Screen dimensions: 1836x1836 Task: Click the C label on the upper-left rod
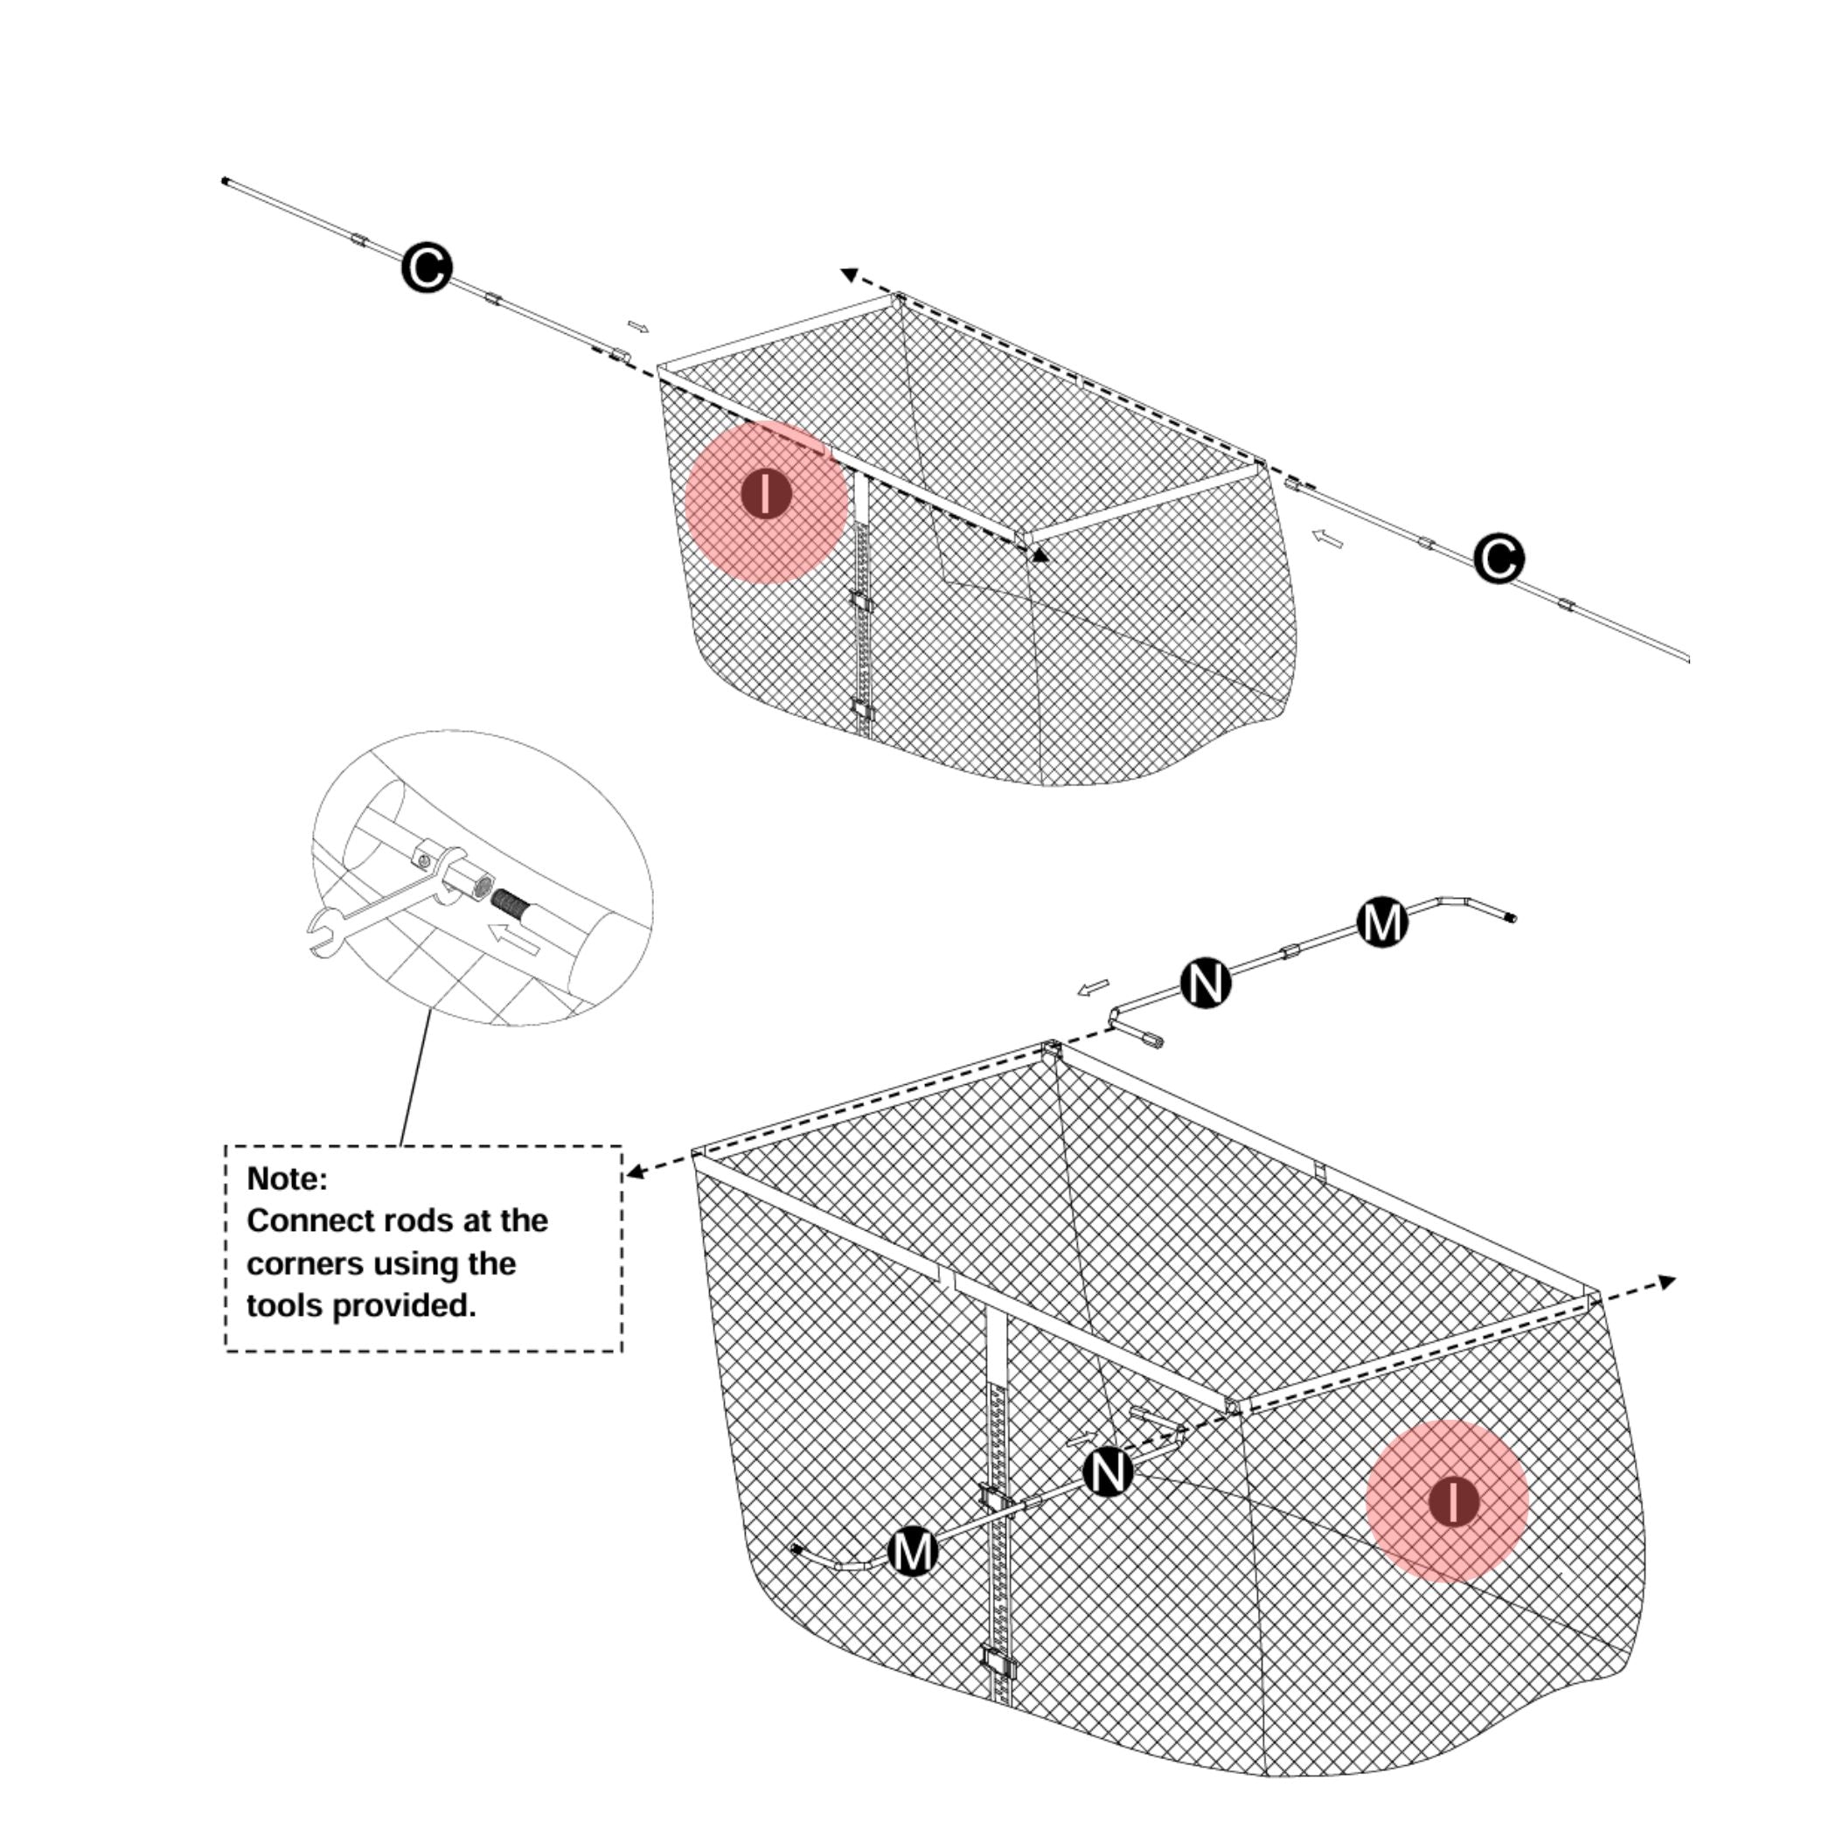pos(427,269)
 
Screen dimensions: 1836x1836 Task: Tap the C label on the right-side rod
pos(1499,559)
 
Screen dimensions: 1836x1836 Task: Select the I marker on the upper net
pos(766,495)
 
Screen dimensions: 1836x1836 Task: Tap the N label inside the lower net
pos(1108,1472)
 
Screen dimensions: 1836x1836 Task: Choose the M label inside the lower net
pos(912,1551)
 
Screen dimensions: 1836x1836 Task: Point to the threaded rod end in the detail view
pos(510,898)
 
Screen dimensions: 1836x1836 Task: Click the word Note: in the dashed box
pos(287,1179)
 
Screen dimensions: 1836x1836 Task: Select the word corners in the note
pos(303,1264)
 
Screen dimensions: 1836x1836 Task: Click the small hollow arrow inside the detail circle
pos(516,940)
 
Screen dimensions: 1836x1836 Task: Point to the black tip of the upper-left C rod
pos(226,181)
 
